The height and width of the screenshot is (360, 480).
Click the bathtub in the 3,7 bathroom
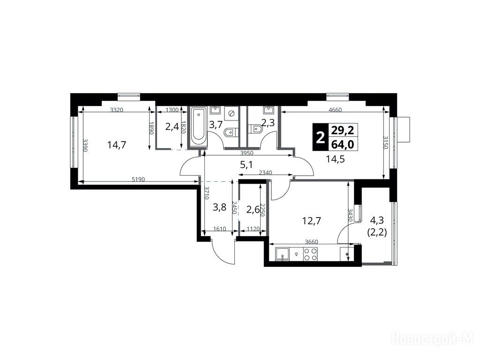point(199,127)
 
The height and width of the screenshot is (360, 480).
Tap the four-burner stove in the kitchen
point(310,254)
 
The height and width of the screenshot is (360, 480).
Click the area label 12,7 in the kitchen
point(312,220)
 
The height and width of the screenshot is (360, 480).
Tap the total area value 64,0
point(343,144)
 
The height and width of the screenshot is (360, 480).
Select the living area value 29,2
point(343,130)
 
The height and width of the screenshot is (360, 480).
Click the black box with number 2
point(320,137)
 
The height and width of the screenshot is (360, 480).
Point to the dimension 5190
point(138,180)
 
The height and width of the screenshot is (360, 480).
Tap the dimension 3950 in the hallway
point(247,153)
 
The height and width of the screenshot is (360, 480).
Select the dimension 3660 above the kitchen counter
point(311,241)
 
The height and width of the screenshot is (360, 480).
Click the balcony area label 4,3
point(377,219)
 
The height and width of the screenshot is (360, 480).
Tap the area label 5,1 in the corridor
point(246,165)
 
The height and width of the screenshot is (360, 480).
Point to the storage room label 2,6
point(253,210)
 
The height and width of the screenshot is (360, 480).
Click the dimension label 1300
point(172,110)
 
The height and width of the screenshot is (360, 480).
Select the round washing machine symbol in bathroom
point(232,113)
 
